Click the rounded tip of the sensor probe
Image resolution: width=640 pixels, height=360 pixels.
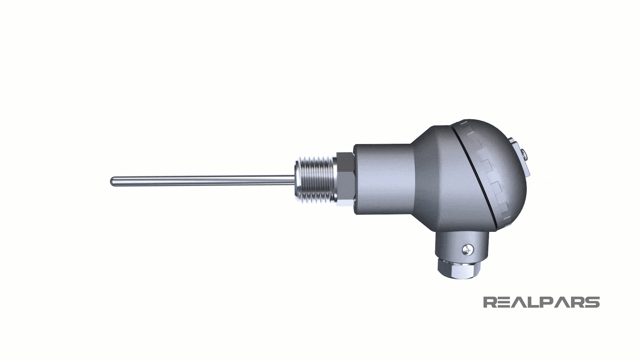click(x=112, y=181)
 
